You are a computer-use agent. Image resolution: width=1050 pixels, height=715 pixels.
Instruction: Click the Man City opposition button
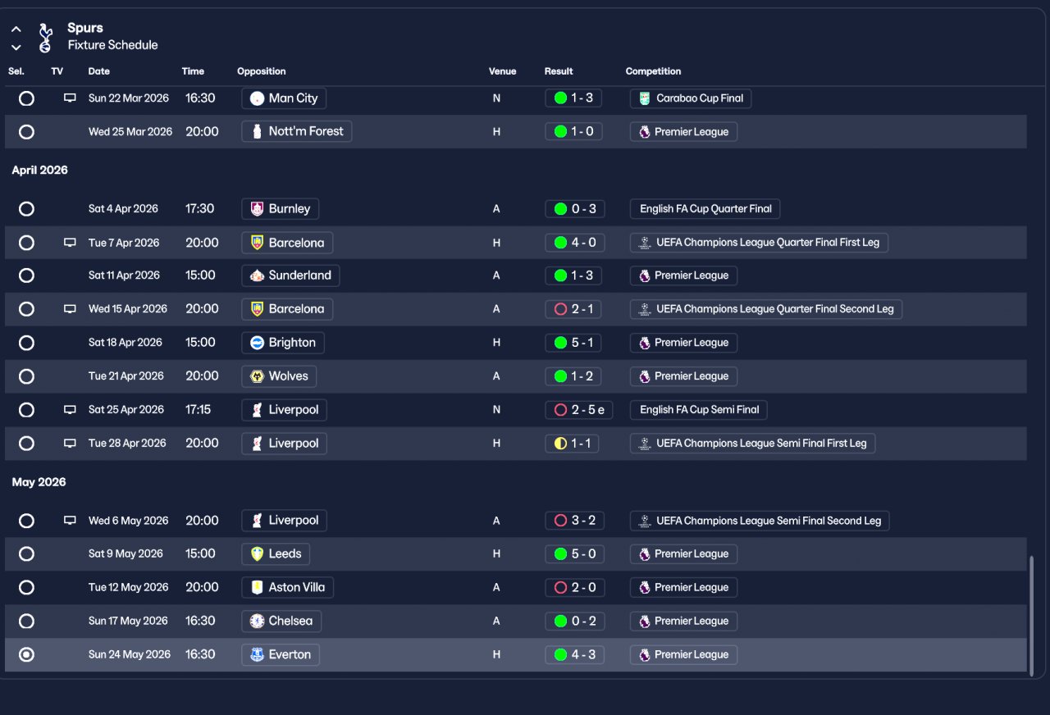(x=284, y=98)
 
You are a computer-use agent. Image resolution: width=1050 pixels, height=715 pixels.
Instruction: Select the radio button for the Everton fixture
(x=26, y=654)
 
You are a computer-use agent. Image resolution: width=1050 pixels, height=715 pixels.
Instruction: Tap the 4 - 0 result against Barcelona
(x=573, y=243)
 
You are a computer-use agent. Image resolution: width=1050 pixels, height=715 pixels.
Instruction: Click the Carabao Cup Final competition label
(x=691, y=98)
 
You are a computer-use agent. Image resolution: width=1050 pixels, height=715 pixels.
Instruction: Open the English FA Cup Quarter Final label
(x=705, y=209)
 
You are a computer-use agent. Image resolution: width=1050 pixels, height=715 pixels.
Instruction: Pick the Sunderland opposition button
(x=290, y=276)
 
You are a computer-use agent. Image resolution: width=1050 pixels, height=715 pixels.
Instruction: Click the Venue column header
(x=502, y=71)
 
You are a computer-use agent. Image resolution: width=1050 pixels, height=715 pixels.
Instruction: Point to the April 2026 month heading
(x=39, y=171)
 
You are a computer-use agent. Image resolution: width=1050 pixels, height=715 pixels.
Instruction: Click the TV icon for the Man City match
(x=70, y=98)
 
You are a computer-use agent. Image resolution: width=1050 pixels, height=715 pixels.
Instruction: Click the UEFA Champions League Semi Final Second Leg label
(x=760, y=521)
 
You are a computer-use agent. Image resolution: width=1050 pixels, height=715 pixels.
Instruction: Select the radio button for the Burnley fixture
(x=26, y=209)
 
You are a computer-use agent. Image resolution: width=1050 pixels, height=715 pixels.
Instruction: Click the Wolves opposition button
(x=279, y=376)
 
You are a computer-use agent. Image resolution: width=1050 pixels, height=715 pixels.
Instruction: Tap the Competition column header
(x=653, y=71)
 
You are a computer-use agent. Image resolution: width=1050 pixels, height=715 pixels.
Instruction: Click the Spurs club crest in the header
(x=45, y=38)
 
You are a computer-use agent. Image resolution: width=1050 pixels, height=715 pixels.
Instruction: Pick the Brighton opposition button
(x=283, y=343)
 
